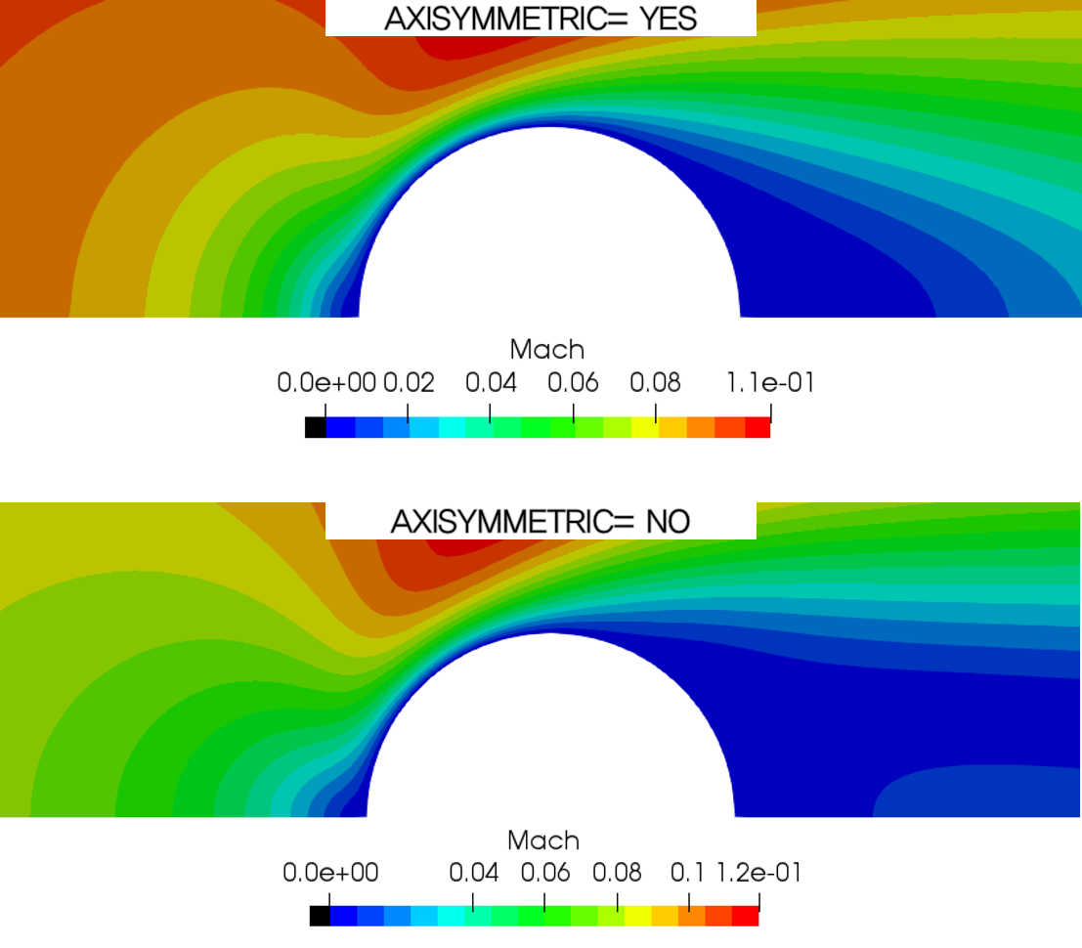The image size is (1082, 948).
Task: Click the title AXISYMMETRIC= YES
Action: [541, 19]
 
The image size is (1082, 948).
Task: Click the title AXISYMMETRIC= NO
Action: [541, 522]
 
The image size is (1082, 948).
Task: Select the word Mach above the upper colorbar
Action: [547, 349]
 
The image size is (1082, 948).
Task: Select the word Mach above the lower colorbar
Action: [543, 840]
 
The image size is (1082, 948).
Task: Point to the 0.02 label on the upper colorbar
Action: [409, 382]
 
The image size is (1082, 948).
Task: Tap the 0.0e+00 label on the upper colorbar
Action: [326, 382]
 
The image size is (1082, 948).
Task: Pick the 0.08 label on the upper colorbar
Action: [655, 382]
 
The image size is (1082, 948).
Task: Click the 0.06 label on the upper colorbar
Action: [573, 382]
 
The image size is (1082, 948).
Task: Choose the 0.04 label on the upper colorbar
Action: [491, 382]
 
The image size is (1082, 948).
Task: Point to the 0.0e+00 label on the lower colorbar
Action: [330, 873]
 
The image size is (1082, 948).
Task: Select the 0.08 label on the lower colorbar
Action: [617, 873]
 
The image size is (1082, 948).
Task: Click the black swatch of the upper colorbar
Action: [315, 427]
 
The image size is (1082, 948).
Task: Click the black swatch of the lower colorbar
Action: [320, 916]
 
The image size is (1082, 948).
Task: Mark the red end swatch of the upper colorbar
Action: [757, 427]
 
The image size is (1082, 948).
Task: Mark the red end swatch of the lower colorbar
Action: [746, 916]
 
